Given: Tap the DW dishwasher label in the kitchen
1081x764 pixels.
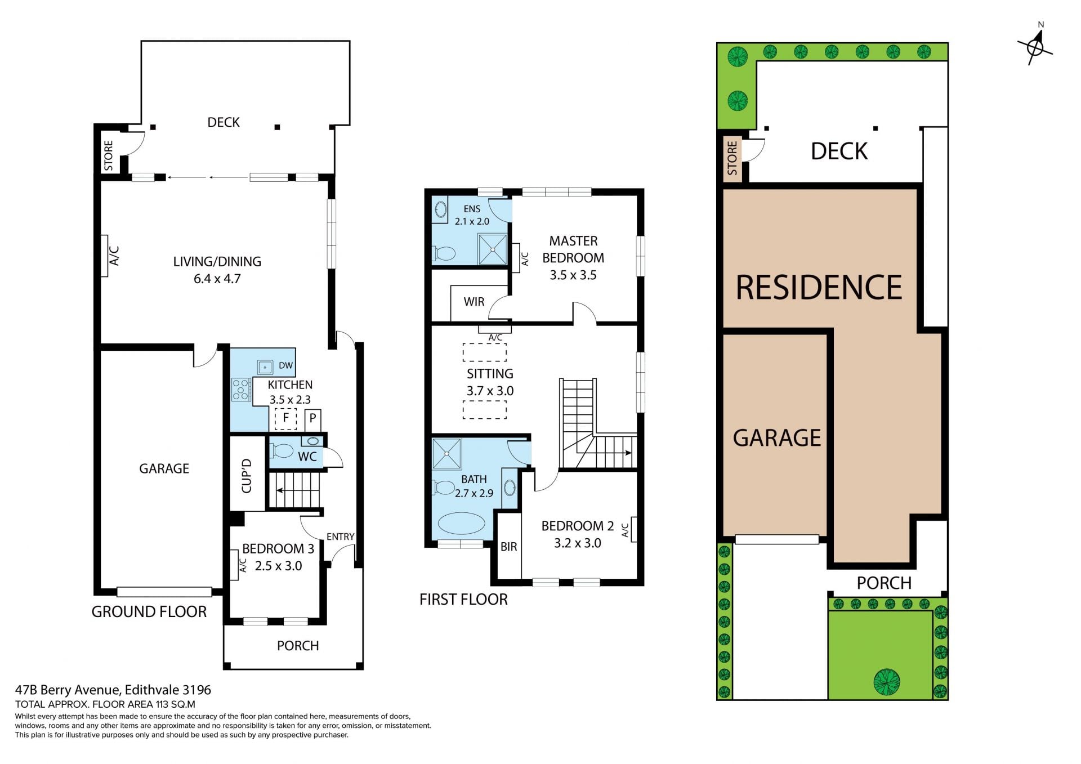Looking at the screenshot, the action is coord(285,365).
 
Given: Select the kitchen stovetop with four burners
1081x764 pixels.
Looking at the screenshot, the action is coord(241,389).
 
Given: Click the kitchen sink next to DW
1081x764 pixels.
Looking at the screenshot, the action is coord(265,367).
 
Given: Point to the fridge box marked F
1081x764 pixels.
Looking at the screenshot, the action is coord(285,418).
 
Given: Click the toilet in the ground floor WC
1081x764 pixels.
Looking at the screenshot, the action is coord(282,451).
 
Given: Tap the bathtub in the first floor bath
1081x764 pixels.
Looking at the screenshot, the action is coord(461,524).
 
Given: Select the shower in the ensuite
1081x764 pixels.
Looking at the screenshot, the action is coord(492,249).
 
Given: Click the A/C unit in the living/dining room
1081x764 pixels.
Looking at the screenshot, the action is coord(104,256).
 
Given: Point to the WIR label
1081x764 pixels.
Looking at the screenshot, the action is coord(474,302).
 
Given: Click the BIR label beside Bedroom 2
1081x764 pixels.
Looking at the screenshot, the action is coord(508,547).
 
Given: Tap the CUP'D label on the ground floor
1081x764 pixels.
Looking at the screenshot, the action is coord(247,476).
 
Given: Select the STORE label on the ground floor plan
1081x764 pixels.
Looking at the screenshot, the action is coord(109,156).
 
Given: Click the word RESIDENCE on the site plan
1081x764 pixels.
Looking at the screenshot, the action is coord(819,287).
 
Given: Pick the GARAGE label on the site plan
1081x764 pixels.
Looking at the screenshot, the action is coord(777,437).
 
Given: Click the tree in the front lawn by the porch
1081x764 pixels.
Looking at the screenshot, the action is coord(887,681).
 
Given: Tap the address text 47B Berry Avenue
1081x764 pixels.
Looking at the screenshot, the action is coord(67,690).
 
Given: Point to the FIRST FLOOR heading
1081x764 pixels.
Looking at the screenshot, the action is coord(463,600).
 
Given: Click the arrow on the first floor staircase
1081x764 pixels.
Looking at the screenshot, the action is coord(624,453).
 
